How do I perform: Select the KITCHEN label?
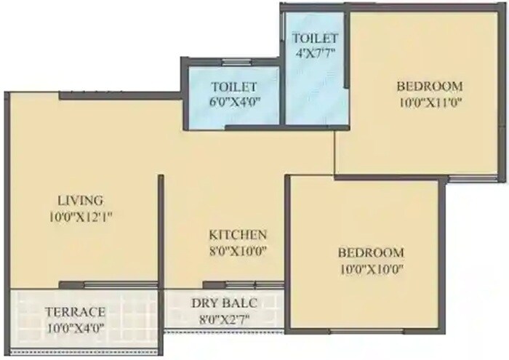click(238, 235)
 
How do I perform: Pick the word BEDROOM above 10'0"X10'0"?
click(370, 253)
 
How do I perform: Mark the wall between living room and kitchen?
click(161, 233)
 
